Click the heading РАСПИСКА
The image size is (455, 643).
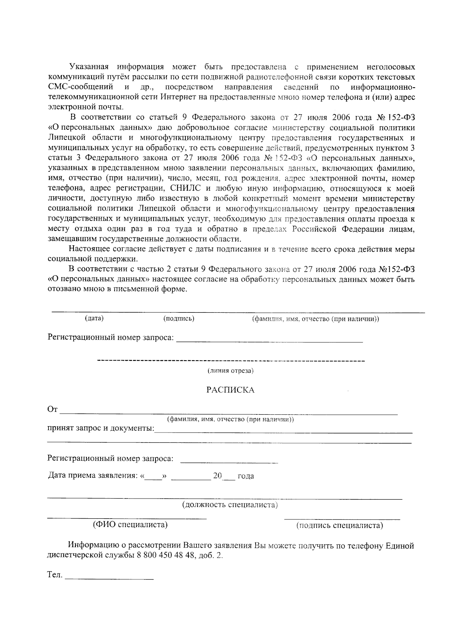[x=230, y=390]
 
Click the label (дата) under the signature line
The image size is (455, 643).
[x=94, y=318]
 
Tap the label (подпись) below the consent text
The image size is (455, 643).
[x=179, y=318]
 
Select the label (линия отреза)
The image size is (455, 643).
[x=230, y=370]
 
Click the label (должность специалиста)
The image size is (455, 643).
[x=230, y=505]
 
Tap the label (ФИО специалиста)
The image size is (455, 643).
[x=130, y=525]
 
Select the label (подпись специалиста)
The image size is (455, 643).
[x=339, y=525]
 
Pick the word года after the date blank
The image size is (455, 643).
[x=245, y=476]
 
